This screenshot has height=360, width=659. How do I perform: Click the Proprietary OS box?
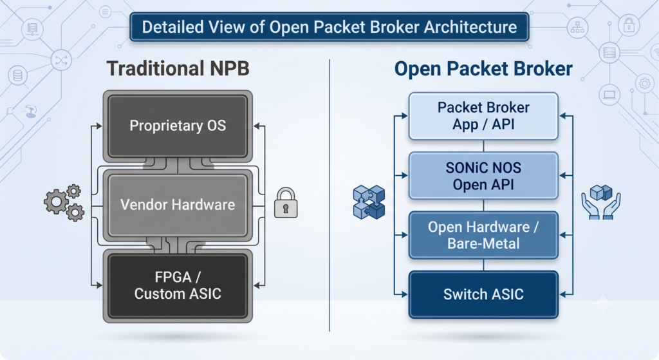tap(178, 126)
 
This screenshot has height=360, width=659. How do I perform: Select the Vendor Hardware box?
tap(178, 205)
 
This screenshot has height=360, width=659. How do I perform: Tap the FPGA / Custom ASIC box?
tap(178, 285)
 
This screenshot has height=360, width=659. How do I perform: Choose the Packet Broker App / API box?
tap(483, 116)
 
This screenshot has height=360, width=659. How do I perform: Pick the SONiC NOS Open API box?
tap(483, 176)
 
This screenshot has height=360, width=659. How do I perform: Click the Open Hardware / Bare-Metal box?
tap(483, 235)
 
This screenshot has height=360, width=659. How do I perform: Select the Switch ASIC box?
tap(483, 294)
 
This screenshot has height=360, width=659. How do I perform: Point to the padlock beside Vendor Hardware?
tap(286, 203)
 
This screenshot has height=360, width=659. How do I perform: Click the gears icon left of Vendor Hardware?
tap(64, 203)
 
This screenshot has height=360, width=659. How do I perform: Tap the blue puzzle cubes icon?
tap(369, 202)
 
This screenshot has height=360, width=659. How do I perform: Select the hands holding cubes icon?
tap(601, 202)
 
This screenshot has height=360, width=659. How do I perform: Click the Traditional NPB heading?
tap(178, 68)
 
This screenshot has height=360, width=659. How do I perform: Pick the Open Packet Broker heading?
tap(483, 69)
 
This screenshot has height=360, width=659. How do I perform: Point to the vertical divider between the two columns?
tap(329, 195)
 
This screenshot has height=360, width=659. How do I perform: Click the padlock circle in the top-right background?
tap(629, 25)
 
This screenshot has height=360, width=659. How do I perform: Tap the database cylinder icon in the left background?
tap(17, 76)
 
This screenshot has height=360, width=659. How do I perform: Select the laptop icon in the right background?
tap(609, 94)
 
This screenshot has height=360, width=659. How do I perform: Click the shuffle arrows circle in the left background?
tap(61, 60)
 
